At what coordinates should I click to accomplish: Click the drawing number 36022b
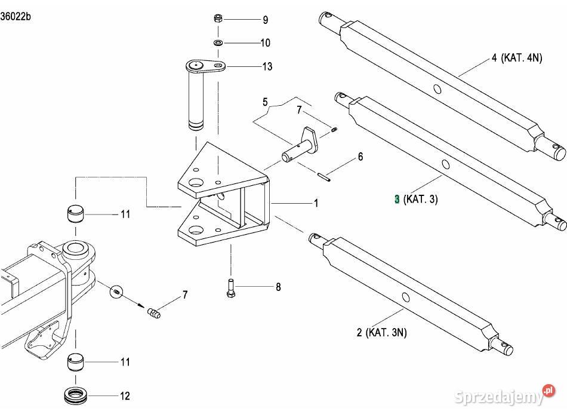[x=16, y=16]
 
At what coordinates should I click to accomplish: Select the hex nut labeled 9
[x=218, y=20]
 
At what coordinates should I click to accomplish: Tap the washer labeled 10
[x=218, y=42]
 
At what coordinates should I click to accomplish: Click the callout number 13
[x=267, y=66]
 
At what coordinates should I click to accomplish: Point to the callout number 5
[x=266, y=102]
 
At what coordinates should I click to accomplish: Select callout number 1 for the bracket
[x=316, y=204]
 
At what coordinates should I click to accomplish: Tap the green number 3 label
[x=396, y=199]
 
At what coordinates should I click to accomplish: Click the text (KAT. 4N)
[x=521, y=58]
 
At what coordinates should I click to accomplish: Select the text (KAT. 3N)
[x=386, y=333]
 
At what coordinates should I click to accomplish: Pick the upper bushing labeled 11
[x=74, y=213]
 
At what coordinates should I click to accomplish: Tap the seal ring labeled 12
[x=75, y=395]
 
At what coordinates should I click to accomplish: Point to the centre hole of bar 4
[x=438, y=90]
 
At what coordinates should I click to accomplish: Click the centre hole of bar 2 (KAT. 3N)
[x=405, y=297]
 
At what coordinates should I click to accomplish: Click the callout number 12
[x=125, y=395]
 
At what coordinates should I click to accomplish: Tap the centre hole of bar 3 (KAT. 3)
[x=446, y=164]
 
